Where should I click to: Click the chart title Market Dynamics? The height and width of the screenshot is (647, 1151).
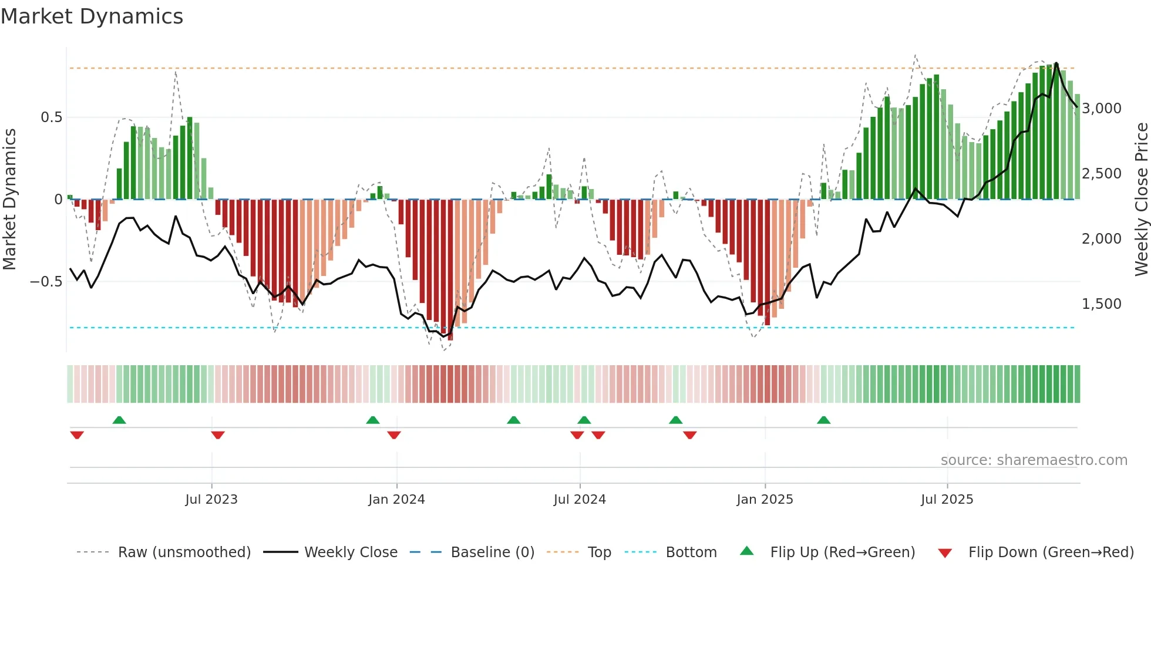click(92, 16)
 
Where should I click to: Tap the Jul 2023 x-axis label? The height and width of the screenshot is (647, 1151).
click(211, 500)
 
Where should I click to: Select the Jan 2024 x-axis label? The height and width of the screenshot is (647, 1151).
click(396, 500)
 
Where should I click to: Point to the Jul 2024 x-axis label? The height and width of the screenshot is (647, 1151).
click(580, 500)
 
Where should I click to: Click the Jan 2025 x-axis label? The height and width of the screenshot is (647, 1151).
click(765, 500)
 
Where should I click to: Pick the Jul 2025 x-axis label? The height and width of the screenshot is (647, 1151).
click(947, 500)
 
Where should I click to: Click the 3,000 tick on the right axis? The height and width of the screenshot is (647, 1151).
click(1102, 109)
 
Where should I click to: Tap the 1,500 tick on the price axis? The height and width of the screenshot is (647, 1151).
click(1102, 304)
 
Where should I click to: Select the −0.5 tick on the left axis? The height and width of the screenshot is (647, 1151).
click(46, 282)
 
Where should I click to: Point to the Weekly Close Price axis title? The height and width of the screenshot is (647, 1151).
click(1141, 200)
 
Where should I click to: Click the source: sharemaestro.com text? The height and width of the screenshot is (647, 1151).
click(1034, 460)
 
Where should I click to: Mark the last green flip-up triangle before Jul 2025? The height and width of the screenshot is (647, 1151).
click(823, 420)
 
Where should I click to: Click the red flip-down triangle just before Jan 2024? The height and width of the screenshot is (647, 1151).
click(394, 435)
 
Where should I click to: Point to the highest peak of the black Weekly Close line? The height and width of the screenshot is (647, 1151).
click(1056, 63)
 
